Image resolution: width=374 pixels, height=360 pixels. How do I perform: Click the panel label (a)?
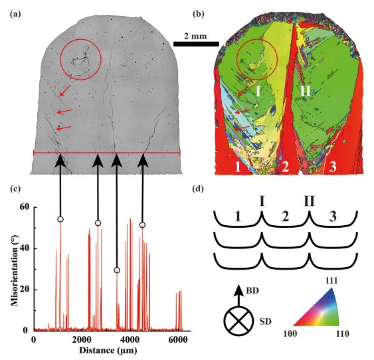(15, 15)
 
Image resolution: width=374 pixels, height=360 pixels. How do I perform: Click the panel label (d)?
(198, 189)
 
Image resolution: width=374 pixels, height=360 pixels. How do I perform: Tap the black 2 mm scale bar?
(196, 44)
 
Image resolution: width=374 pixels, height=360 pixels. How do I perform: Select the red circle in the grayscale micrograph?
(81, 59)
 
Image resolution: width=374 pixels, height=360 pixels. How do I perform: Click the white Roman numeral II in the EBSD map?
(306, 90)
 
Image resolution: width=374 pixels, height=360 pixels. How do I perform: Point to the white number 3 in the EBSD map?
(333, 167)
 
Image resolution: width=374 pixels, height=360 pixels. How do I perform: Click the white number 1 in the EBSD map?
(238, 167)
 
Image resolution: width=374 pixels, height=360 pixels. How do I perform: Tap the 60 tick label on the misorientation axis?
(24, 207)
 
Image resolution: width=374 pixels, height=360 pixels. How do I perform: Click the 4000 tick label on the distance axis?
(130, 339)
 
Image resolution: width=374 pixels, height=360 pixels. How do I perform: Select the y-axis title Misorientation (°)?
(15, 269)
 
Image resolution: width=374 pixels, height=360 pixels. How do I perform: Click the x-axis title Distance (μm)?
(108, 350)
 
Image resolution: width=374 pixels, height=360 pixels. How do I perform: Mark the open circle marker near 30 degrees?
(117, 270)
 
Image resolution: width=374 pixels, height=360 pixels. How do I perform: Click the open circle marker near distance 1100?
(60, 219)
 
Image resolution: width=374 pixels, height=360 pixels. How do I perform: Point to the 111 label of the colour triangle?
(331, 281)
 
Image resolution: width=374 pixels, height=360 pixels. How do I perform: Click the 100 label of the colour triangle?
(290, 333)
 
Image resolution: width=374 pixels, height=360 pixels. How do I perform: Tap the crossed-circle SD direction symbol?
(238, 321)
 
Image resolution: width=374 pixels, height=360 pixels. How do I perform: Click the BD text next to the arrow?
(252, 291)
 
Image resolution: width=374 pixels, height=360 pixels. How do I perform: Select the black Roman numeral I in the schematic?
(262, 201)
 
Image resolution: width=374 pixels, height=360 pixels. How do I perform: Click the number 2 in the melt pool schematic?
(285, 217)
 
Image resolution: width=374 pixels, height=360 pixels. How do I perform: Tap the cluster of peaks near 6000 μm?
(179, 310)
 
